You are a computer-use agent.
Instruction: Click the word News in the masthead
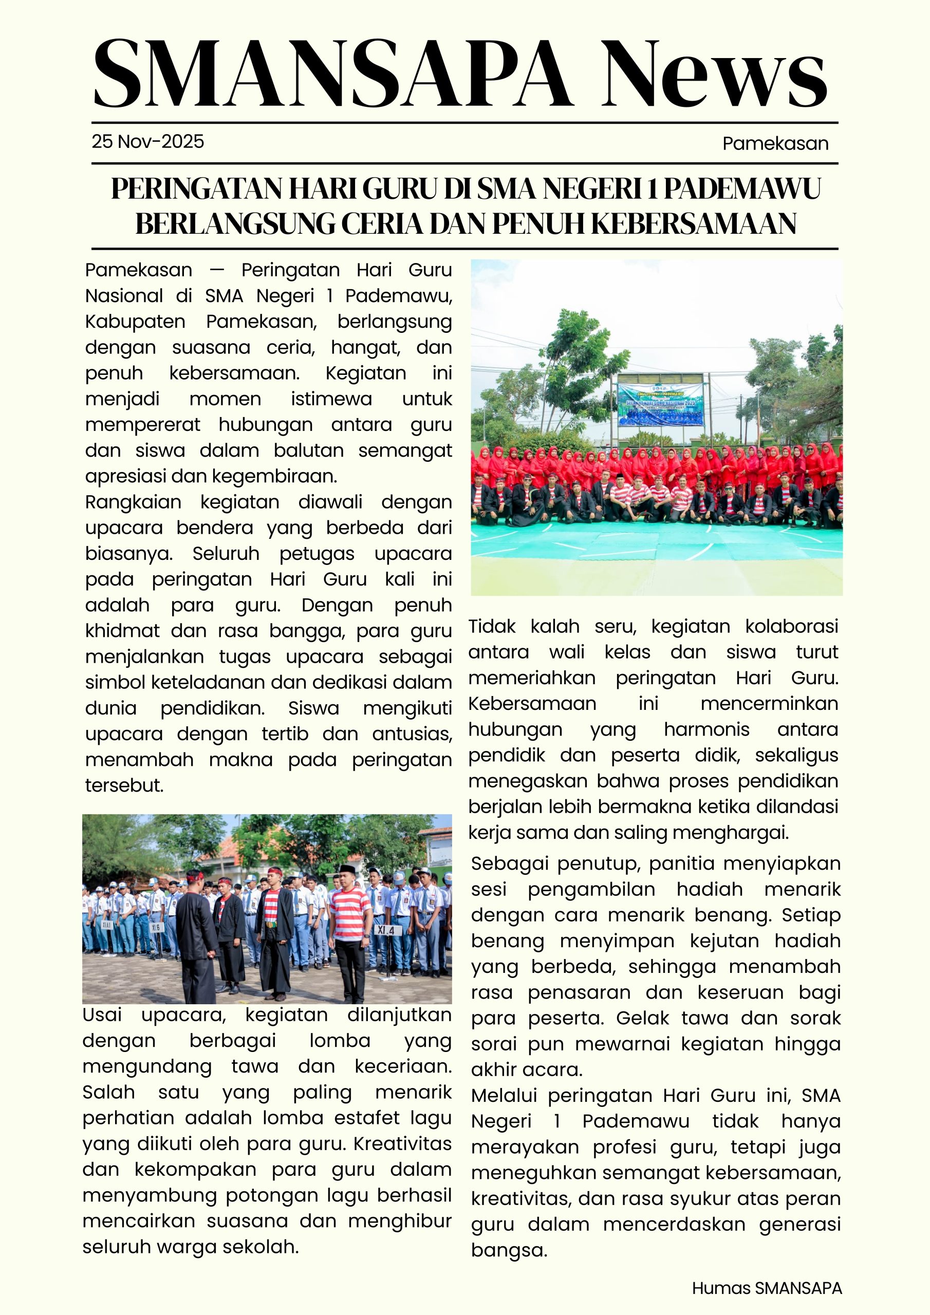click(713, 74)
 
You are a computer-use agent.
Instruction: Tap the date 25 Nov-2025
click(148, 141)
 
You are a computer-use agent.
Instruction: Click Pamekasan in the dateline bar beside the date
click(775, 143)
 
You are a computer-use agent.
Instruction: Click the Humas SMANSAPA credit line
click(767, 1288)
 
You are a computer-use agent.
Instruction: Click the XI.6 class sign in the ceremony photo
click(156, 927)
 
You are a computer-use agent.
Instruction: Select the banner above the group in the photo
click(660, 404)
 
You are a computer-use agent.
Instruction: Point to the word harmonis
click(706, 729)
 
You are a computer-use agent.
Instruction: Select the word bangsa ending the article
click(509, 1250)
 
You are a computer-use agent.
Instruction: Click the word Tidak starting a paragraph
click(492, 626)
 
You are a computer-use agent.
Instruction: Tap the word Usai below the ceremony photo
click(102, 1015)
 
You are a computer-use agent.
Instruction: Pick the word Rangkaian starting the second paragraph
click(133, 502)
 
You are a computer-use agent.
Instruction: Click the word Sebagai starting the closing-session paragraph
click(508, 863)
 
